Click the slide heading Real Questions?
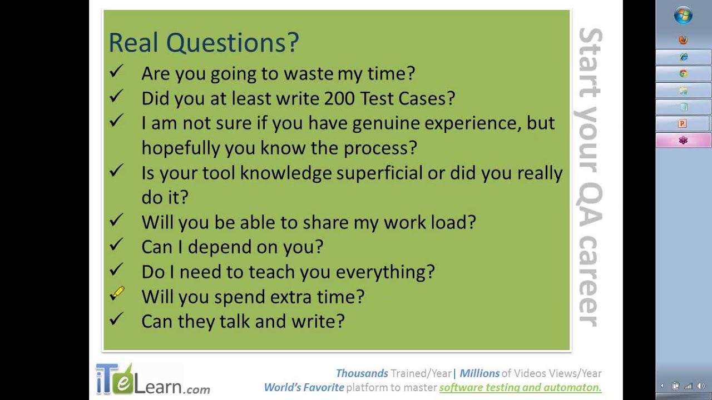(204, 43)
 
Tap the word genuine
(386, 124)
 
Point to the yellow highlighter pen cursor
(117, 293)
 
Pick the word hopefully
(180, 148)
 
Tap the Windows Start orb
(683, 15)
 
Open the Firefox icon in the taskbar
(683, 39)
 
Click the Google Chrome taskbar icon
(683, 74)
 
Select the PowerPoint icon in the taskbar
(682, 123)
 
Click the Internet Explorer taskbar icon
(684, 57)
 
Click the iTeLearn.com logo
(152, 379)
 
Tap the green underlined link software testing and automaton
(520, 388)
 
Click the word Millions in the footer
(479, 373)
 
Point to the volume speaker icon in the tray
(700, 386)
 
